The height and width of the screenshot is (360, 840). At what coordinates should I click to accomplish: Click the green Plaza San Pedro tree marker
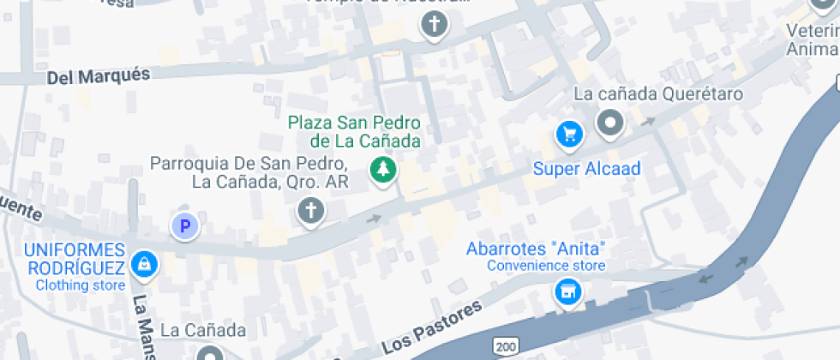[x=384, y=170]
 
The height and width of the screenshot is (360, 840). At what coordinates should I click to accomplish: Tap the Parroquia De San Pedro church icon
[x=310, y=210]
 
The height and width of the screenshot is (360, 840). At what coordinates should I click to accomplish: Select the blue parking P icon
[x=184, y=227]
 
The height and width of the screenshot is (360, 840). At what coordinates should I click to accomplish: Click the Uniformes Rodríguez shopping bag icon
[x=145, y=264]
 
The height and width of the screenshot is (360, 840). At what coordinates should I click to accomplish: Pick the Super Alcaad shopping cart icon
[x=569, y=134]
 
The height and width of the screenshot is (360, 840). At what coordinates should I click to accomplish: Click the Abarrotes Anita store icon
[x=567, y=292]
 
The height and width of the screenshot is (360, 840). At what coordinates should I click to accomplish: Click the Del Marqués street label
[x=98, y=76]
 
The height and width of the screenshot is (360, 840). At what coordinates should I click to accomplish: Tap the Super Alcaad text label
[x=586, y=169]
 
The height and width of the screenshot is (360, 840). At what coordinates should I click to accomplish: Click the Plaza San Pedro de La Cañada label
[x=354, y=132]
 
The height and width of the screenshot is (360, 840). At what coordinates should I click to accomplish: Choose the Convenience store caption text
[x=546, y=266]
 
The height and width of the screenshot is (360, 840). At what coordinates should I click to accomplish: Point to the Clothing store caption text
[x=81, y=285]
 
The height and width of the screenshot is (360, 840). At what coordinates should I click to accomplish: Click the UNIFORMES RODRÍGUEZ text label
[x=75, y=259]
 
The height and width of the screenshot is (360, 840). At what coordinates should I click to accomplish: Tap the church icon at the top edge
[x=435, y=26]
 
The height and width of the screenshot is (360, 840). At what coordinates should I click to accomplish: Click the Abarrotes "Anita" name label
[x=536, y=249]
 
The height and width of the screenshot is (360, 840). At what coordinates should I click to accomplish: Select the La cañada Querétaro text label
[x=657, y=93]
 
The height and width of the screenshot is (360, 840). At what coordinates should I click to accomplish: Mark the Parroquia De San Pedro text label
[x=248, y=172]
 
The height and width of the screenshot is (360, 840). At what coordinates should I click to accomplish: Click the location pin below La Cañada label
[x=209, y=353]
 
